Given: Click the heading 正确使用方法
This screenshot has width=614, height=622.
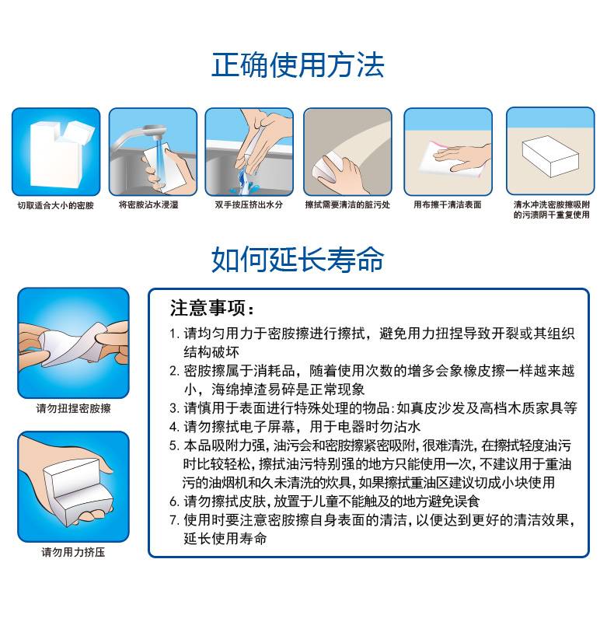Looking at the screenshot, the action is (x=298, y=65).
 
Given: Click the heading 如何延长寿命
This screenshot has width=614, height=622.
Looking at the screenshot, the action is (x=298, y=259).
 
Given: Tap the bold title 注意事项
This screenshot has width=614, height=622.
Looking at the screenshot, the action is (x=212, y=308).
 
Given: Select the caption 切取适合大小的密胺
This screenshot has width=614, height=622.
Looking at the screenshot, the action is (x=55, y=205).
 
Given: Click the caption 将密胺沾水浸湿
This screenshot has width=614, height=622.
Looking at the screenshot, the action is (x=148, y=204).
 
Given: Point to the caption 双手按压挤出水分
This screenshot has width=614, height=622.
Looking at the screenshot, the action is (x=249, y=204).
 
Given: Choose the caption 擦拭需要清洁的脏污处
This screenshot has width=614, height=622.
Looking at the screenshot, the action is (x=347, y=204).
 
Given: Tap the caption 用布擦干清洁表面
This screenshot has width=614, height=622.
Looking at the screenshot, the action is (x=448, y=204).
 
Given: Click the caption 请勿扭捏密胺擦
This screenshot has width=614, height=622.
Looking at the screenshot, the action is (x=73, y=408).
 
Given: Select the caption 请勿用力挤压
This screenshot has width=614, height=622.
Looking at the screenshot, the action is (x=73, y=552).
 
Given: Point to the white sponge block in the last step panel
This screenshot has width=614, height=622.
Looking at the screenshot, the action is (x=550, y=156).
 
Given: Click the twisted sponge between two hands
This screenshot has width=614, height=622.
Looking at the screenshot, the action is (x=73, y=344).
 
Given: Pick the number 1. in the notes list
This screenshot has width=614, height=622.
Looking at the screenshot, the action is (x=175, y=334).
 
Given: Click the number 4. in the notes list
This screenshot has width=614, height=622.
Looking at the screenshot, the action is (x=175, y=427).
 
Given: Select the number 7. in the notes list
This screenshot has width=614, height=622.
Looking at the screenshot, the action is (x=175, y=520).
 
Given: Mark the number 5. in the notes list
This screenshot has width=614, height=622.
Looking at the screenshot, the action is (x=175, y=446).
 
